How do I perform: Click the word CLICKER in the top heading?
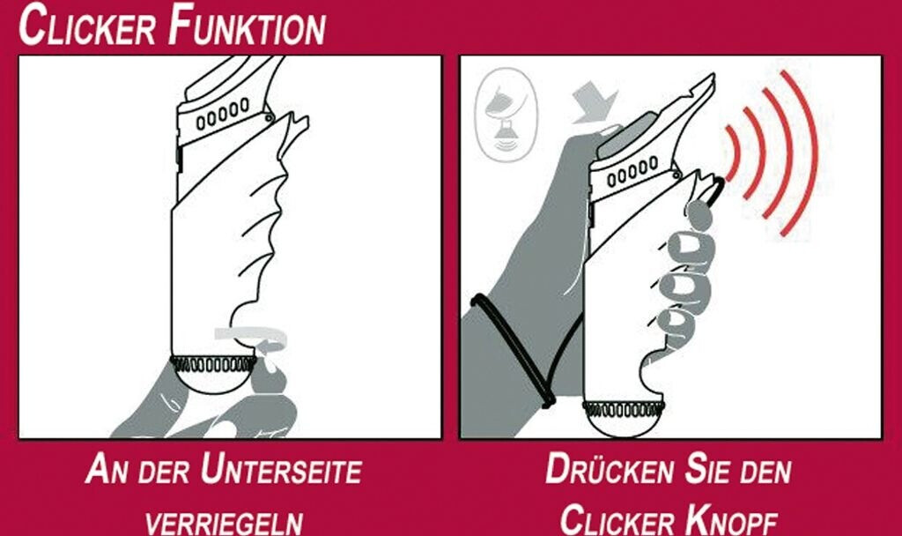(87, 26)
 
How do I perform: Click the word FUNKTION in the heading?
(247, 26)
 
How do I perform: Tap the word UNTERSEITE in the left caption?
(281, 470)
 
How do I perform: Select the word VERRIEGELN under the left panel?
(225, 523)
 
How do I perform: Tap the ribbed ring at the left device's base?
(213, 364)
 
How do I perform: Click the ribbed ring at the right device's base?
(624, 409)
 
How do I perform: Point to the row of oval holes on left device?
(223, 114)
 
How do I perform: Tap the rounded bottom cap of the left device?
(213, 381)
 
